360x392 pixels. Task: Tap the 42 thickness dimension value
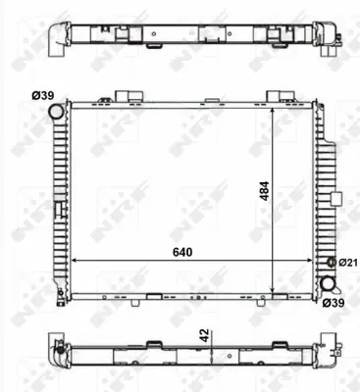(x=204, y=335)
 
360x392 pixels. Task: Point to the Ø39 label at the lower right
(x=334, y=304)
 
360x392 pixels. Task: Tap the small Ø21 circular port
(x=331, y=263)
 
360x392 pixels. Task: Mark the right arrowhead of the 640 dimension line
(x=315, y=263)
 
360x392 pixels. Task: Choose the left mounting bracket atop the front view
(x=123, y=96)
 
